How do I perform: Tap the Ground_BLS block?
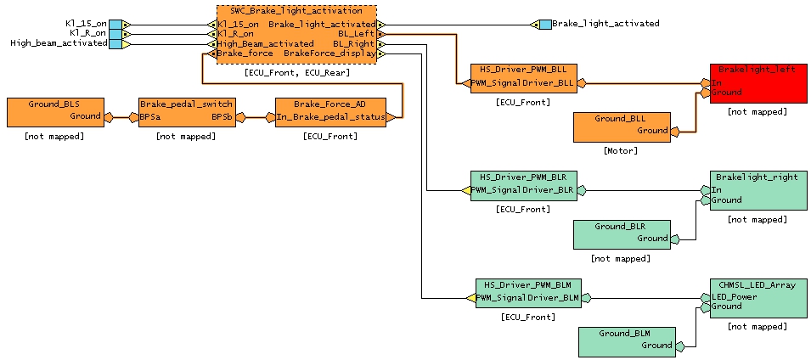coord(54,112)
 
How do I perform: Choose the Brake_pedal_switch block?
coord(186,112)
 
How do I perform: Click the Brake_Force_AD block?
coord(330,112)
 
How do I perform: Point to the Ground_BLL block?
coord(621,127)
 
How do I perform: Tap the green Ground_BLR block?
coord(621,234)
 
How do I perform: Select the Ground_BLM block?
coord(626,341)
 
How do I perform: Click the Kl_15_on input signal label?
coord(86,24)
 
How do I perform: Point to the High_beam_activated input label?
coord(59,43)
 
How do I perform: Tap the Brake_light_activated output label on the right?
coord(605,24)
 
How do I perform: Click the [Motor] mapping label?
coord(621,151)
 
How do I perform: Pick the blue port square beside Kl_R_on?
coord(115,34)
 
